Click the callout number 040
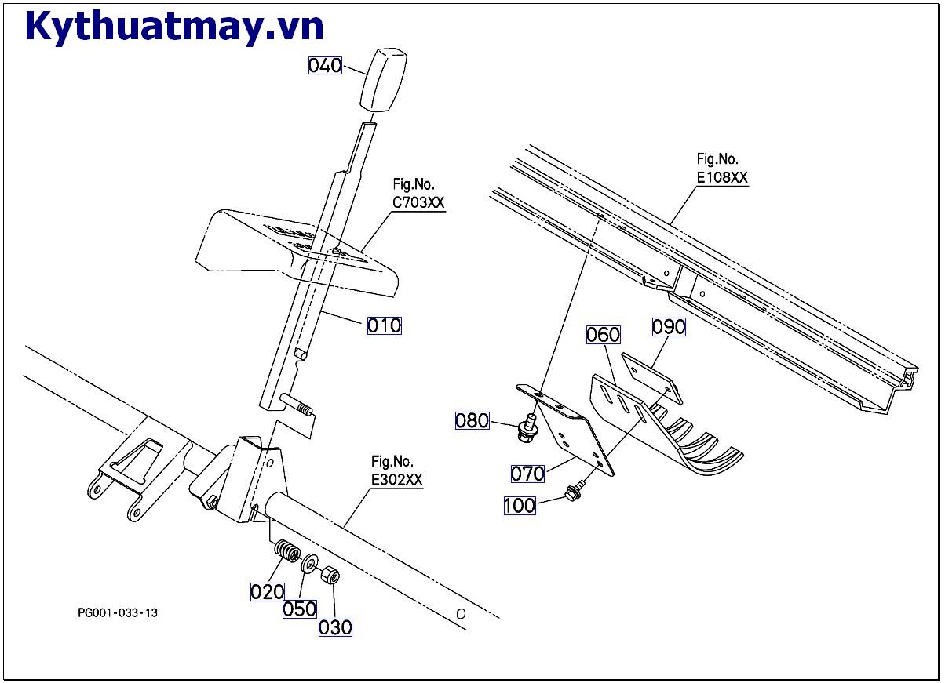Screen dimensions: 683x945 325,65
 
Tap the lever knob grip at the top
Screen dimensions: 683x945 384,79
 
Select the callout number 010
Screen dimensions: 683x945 385,325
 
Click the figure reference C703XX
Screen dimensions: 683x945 418,202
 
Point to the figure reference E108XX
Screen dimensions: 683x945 722,178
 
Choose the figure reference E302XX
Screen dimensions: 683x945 397,480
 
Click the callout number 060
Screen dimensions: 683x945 603,335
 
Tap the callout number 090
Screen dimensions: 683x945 669,326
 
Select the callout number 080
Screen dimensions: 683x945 472,420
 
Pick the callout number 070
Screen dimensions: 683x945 527,474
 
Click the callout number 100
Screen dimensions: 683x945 520,505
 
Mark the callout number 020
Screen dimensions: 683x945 267,591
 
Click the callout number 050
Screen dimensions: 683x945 300,609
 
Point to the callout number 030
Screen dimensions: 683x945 335,627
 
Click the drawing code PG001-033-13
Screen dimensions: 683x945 118,612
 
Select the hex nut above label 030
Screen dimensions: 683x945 330,576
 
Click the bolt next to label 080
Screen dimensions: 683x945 525,427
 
